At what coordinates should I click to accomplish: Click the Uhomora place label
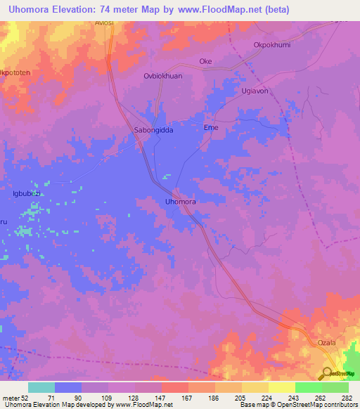tap(180, 202)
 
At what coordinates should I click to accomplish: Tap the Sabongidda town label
tap(153, 131)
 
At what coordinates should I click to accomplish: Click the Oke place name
tap(205, 62)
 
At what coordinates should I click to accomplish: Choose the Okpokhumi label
tap(271, 45)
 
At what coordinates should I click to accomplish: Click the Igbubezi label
tap(27, 193)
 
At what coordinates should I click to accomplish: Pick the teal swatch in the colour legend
tap(41, 387)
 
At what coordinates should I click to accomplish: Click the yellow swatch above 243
tap(281, 387)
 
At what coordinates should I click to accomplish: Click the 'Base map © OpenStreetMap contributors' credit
tap(297, 405)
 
